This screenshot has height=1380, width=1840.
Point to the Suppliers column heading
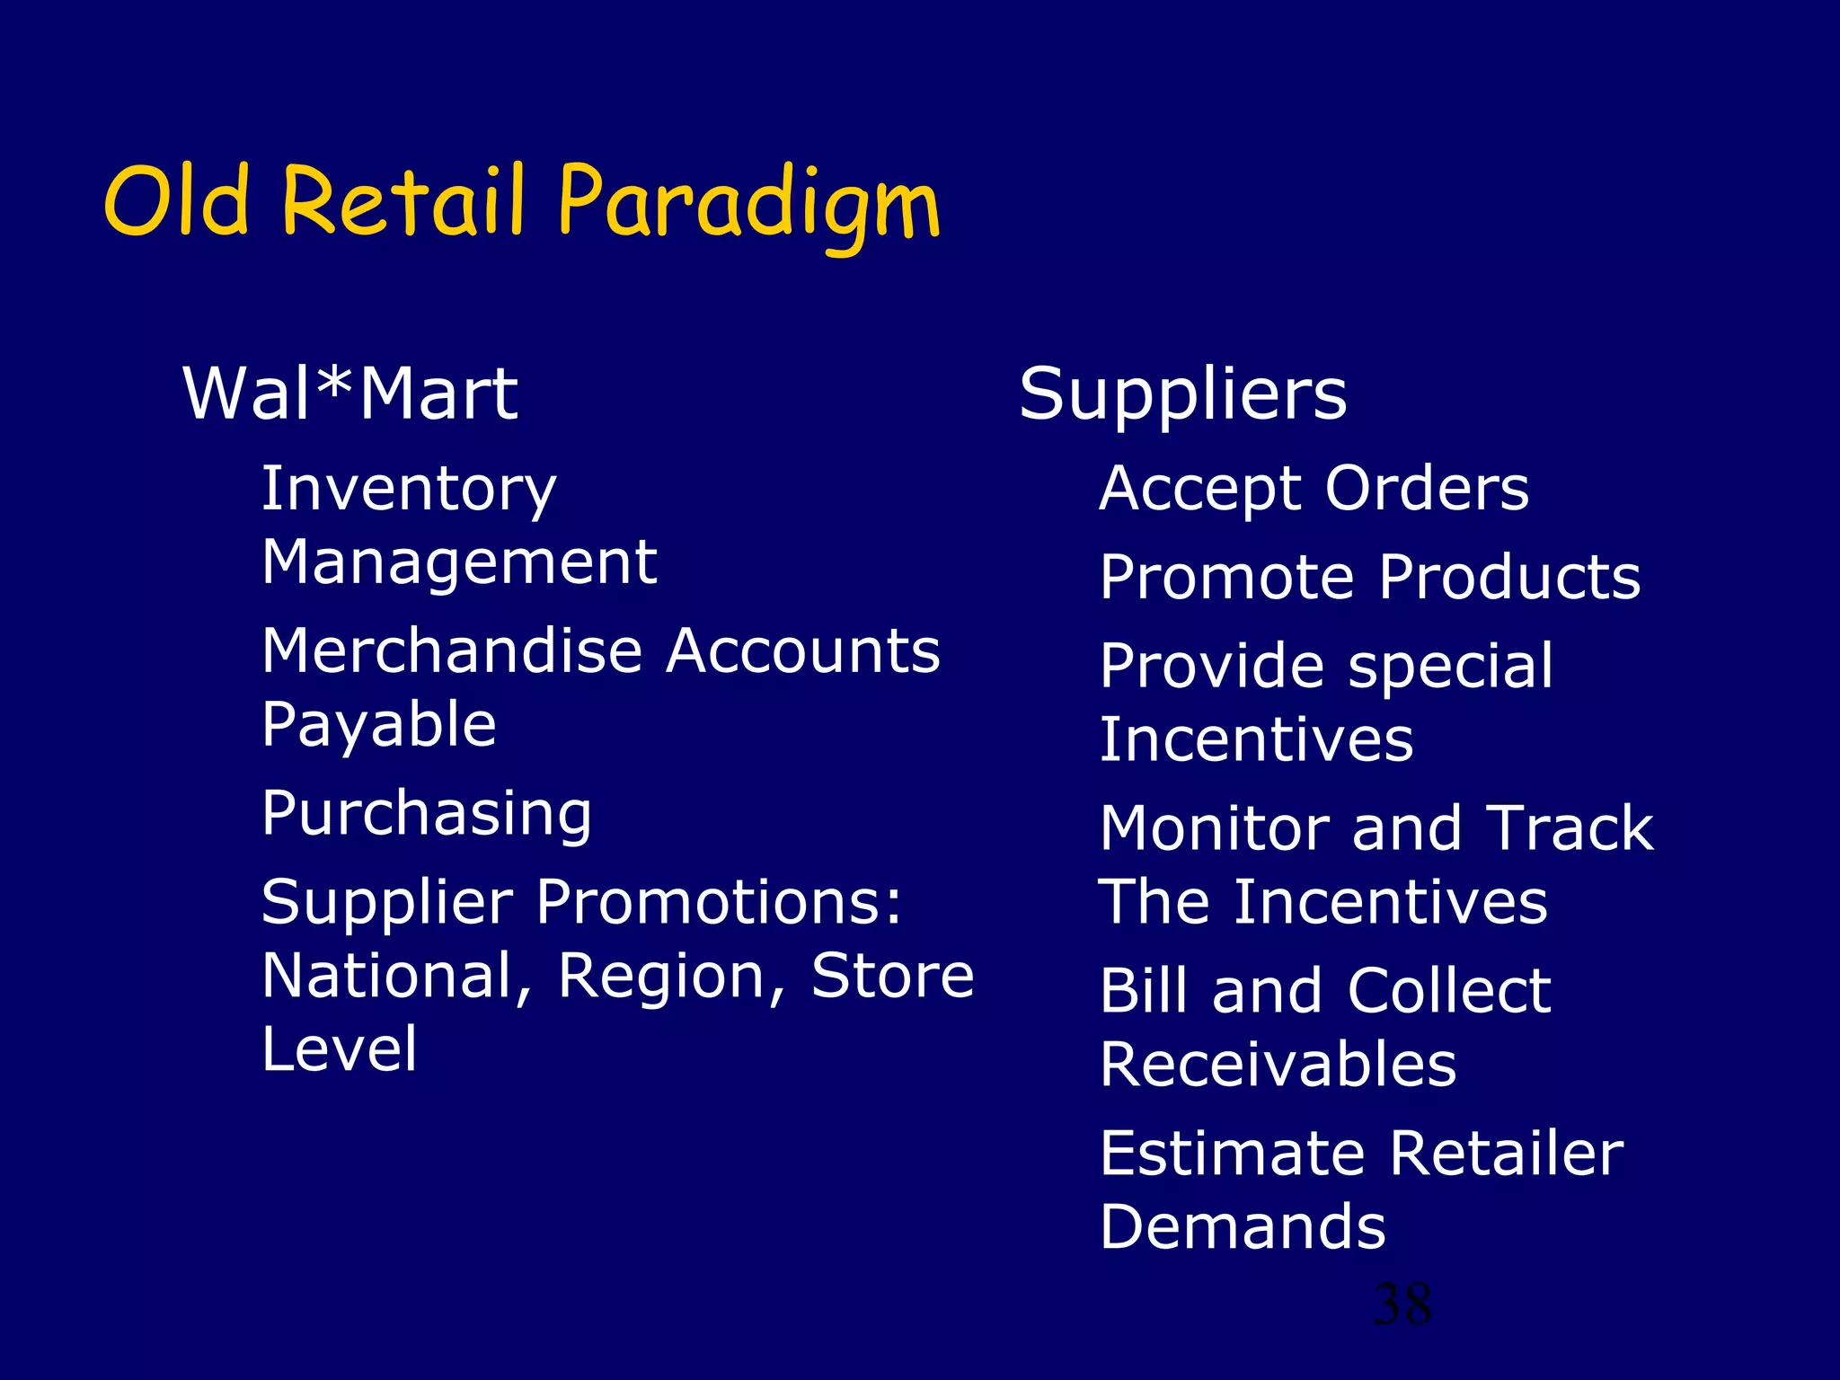click(x=1182, y=395)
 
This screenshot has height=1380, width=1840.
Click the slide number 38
click(x=1402, y=1305)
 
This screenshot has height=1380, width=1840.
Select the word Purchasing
click(x=427, y=814)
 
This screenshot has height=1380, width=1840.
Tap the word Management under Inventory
click(x=459, y=562)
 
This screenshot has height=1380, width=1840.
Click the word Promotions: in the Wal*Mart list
click(x=720, y=902)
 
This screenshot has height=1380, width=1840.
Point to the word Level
click(x=340, y=1048)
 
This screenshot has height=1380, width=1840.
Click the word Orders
click(x=1427, y=489)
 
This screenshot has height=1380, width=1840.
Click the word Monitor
click(x=1214, y=828)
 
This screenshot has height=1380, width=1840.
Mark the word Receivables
click(x=1278, y=1065)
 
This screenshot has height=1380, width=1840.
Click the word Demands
click(x=1243, y=1227)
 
